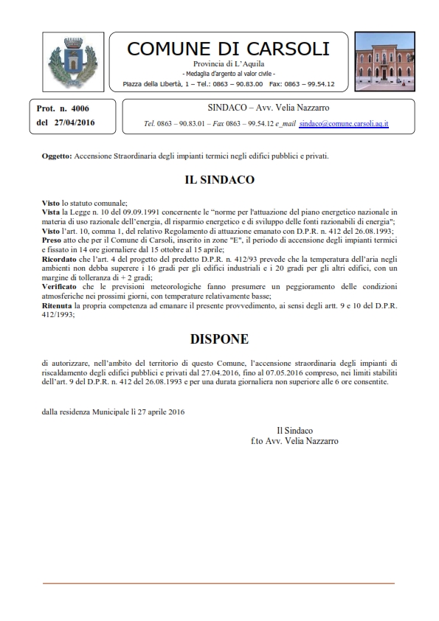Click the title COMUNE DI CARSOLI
click(229, 49)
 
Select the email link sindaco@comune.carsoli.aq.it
click(345, 124)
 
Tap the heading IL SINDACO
click(219, 179)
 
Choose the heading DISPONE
click(219, 339)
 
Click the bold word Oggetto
click(57, 157)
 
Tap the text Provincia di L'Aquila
click(229, 66)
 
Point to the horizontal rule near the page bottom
click(219, 583)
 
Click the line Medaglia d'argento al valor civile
click(229, 74)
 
